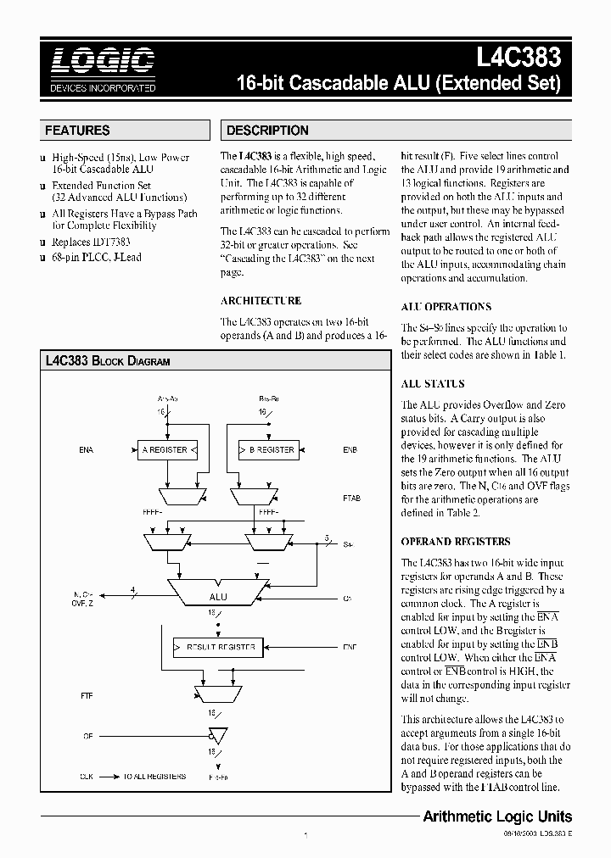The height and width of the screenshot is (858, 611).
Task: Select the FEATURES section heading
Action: (x=77, y=131)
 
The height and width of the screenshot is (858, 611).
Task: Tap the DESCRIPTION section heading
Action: (x=268, y=131)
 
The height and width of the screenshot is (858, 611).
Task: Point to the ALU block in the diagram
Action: (x=217, y=597)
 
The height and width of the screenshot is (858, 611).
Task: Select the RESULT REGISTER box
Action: (x=216, y=647)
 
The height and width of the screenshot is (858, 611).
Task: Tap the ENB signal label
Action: (x=350, y=450)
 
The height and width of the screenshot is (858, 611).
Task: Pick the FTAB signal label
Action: (x=351, y=499)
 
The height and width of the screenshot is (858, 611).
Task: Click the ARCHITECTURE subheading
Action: (x=261, y=301)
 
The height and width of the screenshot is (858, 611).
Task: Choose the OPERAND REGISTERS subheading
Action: (x=455, y=542)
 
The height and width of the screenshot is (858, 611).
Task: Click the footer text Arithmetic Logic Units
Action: (x=497, y=817)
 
